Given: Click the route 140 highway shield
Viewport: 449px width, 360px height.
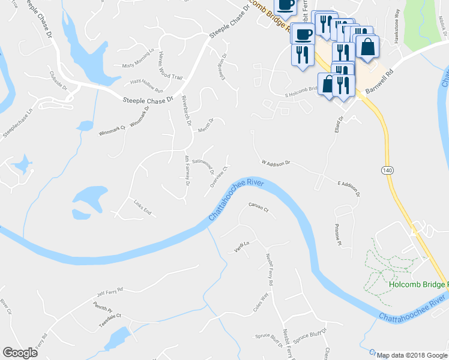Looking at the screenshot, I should [x=387, y=171].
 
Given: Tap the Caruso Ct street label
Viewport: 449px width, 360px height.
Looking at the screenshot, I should [x=258, y=208].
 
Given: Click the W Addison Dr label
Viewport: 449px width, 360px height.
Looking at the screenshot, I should [x=276, y=163].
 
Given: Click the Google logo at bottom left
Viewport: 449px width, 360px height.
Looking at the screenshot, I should [x=20, y=353].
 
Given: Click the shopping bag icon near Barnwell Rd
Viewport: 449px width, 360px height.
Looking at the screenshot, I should [x=367, y=46].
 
